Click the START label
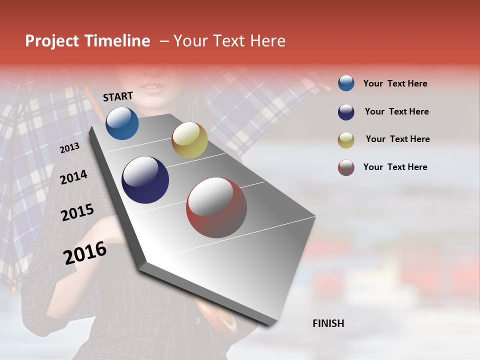coord(118,96)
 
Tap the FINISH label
coord(328,323)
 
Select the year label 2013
coord(69,147)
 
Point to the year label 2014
coord(73,177)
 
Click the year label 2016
coord(85,253)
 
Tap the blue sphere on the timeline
coord(122,123)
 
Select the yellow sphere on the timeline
coord(189,140)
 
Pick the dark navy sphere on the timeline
coord(145,180)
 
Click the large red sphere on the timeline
coord(216,207)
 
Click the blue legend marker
coord(346,83)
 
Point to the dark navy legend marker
coord(346,112)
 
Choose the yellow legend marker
coord(346,140)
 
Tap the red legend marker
coord(346,167)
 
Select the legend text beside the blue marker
coord(395,84)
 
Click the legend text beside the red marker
coord(395,167)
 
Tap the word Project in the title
coord(52,41)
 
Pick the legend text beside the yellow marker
coord(397,139)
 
